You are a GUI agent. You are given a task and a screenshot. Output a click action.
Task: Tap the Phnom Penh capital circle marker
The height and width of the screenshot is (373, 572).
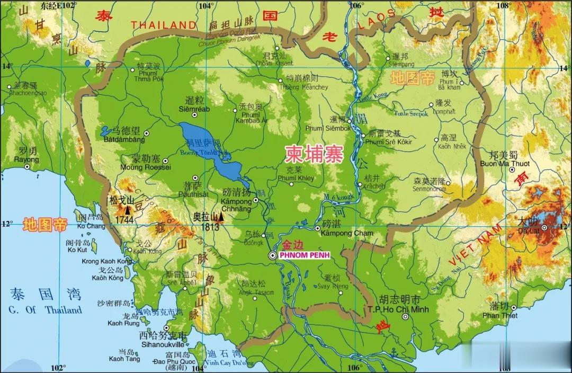point(272,255)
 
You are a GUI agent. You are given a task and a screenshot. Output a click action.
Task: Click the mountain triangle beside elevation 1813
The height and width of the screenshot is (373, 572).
point(221,217)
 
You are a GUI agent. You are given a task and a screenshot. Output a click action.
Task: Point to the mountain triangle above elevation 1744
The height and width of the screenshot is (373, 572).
point(127,210)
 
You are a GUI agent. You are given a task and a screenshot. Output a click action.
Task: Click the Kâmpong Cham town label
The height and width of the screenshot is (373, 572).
point(347,233)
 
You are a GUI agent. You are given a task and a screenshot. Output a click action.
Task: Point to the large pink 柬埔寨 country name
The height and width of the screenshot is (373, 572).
point(314,154)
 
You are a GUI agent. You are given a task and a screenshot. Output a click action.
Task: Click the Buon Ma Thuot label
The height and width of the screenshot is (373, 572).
point(505,164)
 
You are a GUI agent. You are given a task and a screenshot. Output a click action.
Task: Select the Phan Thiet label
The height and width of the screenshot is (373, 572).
point(499,315)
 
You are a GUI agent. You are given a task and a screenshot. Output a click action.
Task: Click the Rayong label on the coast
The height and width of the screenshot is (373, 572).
point(26,159)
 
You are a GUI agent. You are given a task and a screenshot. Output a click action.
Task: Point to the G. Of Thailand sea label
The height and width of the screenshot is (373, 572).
point(45,310)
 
